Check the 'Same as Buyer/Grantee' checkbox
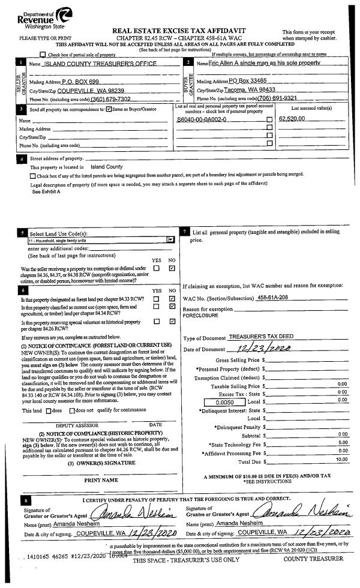(x=109, y=109)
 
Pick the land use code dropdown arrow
(x=170, y=239)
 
